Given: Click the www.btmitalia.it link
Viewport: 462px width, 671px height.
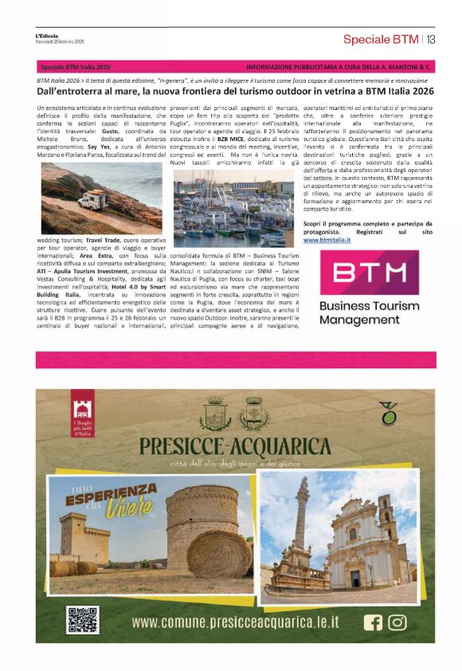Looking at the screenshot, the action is click(327, 239).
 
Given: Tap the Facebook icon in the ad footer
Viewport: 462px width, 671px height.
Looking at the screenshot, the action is click(373, 622).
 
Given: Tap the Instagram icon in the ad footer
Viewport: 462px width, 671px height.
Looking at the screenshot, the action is click(396, 622).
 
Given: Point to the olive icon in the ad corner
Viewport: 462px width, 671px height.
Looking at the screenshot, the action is click(389, 414).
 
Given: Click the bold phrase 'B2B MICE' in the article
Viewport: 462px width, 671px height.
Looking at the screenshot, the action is click(220, 139).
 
